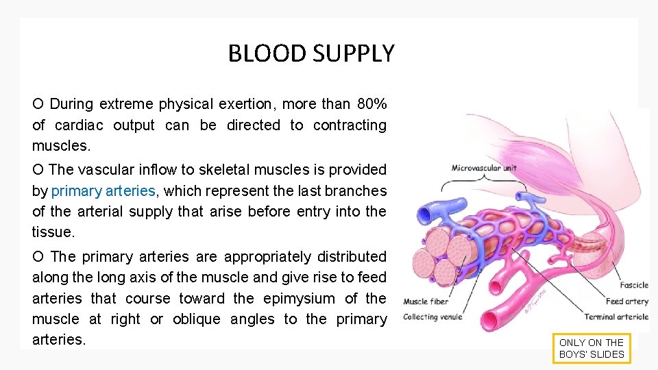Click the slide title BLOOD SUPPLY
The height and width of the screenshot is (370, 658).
click(x=311, y=53)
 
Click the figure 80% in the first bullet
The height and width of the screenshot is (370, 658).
click(x=371, y=104)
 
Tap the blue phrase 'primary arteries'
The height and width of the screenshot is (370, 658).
click(x=103, y=190)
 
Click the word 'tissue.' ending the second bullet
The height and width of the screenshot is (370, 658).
click(x=53, y=232)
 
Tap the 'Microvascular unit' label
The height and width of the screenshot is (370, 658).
click(x=484, y=168)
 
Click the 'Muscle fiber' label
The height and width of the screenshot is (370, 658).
click(x=425, y=301)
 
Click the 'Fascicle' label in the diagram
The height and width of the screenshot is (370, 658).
click(x=634, y=285)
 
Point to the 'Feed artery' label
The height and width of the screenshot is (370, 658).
click(x=626, y=301)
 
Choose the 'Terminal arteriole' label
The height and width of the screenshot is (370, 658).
click(x=616, y=317)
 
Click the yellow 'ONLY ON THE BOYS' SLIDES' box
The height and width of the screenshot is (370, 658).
click(x=592, y=348)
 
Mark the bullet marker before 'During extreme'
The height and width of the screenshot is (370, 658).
click(x=38, y=104)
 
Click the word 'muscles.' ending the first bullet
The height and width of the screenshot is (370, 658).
click(x=61, y=146)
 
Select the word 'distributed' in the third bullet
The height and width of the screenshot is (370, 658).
click(x=350, y=256)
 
